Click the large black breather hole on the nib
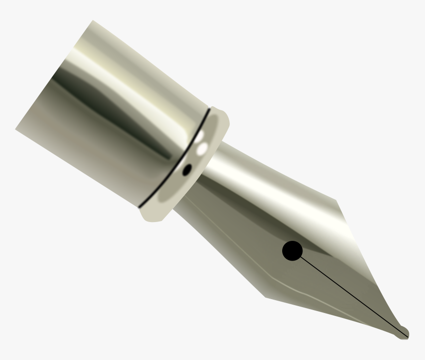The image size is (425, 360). [292, 251]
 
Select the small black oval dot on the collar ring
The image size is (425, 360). [187, 170]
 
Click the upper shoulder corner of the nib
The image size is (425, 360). [336, 200]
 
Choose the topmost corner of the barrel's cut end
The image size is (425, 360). [93, 21]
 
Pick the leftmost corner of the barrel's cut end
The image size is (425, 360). [16, 129]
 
